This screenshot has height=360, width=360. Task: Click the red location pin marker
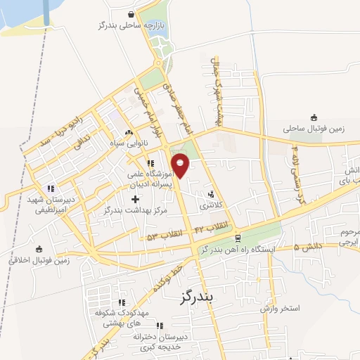tap(181, 165)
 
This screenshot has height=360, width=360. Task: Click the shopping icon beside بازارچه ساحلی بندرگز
tap(132, 14)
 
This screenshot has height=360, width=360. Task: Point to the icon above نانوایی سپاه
tap(128, 132)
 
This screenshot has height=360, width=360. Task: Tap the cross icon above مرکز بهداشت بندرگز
tap(135, 199)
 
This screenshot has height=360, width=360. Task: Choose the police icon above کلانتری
tap(211, 195)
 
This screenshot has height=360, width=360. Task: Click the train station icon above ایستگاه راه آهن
tap(238, 238)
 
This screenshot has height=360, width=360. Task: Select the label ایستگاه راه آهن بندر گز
tap(238, 250)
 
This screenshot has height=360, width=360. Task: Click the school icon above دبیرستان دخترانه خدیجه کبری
tap(159, 326)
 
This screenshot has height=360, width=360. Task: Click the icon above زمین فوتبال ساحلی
tap(313, 117)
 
